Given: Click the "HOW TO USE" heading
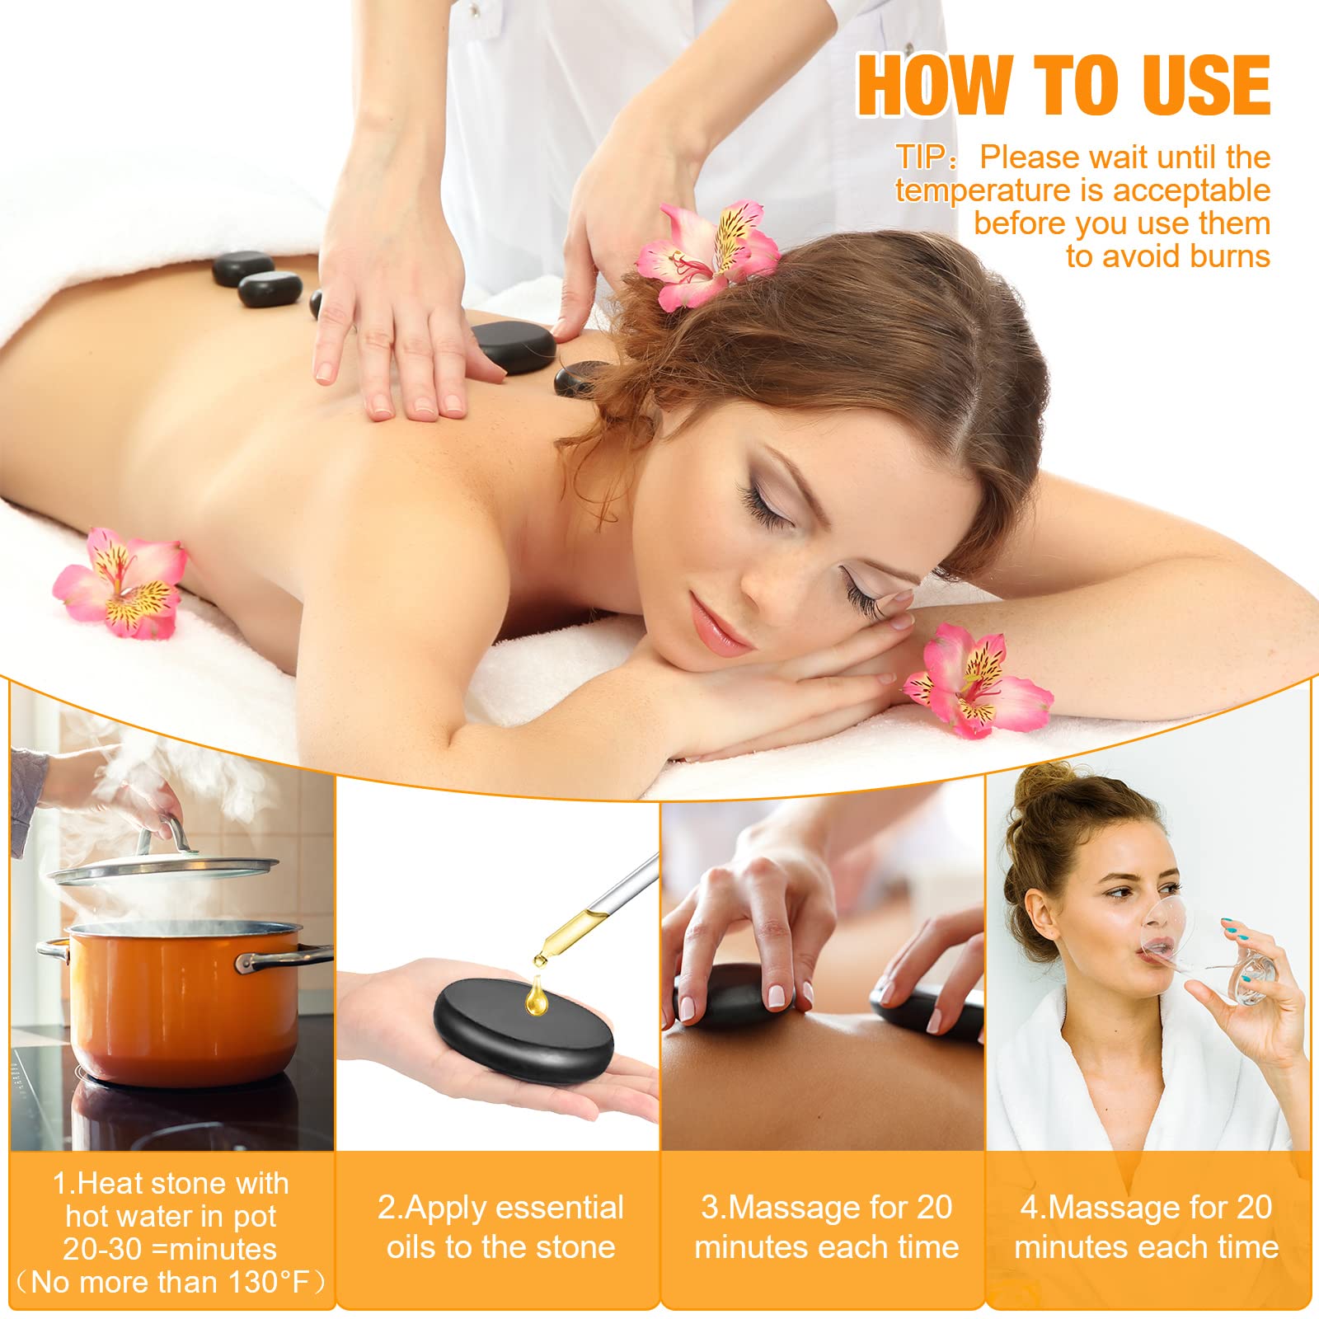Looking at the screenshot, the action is pos(1063,85).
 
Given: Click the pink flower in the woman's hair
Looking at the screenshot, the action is pos(707,253).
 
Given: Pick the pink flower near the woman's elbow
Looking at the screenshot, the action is pos(978,678).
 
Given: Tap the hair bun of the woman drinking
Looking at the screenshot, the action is pos(1047,791).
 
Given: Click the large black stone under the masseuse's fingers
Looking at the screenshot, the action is pos(512,348).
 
